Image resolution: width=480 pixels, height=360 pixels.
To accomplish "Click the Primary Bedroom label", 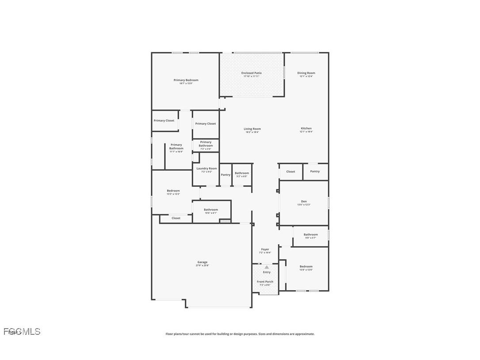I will pos(186,80).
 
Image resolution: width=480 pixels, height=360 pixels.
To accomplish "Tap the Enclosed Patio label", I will pos(251,73).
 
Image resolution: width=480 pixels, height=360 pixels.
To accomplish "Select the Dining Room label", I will pos(306,73).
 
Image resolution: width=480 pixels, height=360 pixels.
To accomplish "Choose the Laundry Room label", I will pos(206,169).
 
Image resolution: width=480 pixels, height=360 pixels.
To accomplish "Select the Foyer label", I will pos(265,250).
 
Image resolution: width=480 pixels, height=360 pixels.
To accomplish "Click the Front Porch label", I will pos(265,282).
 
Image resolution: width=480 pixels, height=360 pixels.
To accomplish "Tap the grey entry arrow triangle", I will pos(267,267).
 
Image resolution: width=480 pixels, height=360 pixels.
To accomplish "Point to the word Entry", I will pos(267,272).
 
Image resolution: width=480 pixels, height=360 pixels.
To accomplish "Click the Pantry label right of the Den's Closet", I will pos(315,172).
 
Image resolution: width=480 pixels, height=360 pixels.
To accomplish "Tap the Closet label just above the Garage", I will pos(176,218).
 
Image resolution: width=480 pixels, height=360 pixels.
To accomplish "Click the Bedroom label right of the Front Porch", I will pos(306,267).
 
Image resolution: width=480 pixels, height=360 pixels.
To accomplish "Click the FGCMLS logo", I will pos(22,331).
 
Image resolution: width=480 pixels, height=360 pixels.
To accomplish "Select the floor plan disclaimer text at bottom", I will pos(240,334).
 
